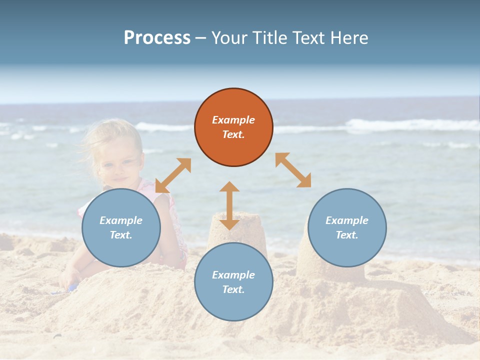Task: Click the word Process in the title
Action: [157, 38]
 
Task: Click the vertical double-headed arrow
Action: [229, 205]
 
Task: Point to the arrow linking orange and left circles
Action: [173, 175]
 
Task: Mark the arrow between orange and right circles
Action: [293, 170]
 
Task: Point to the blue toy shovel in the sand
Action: [73, 287]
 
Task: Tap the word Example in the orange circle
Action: [233, 120]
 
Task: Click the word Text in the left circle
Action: [121, 235]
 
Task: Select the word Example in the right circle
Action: [347, 220]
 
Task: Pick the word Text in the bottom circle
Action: [233, 289]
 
